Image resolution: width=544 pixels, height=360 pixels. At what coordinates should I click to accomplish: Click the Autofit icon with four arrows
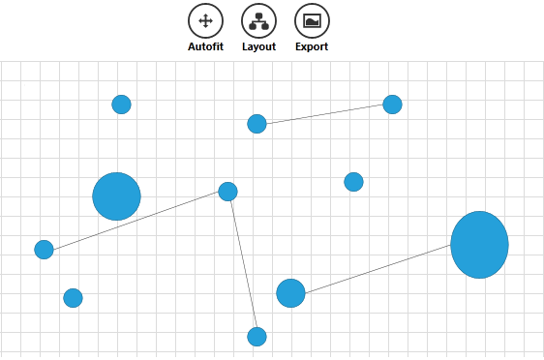click(205, 20)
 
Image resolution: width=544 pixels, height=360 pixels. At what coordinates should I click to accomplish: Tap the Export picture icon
click(312, 20)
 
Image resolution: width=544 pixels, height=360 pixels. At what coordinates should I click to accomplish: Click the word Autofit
click(205, 46)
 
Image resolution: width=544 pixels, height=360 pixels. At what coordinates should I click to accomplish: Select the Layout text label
click(258, 46)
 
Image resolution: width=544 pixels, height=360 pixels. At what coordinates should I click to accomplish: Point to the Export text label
click(312, 46)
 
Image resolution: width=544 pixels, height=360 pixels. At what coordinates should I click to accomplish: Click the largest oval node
click(479, 245)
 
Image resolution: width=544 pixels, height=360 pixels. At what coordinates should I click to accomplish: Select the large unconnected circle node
click(116, 196)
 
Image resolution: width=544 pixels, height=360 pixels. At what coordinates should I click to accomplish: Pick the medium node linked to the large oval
click(290, 293)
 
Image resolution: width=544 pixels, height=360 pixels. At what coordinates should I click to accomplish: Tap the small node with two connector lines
click(227, 192)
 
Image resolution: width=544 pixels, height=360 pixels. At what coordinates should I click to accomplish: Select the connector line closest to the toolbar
click(324, 114)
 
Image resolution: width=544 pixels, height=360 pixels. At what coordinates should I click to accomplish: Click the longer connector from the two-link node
click(136, 221)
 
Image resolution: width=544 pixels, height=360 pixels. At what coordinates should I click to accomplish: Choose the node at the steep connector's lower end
click(257, 337)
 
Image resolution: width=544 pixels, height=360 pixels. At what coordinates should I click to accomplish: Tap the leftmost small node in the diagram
click(44, 250)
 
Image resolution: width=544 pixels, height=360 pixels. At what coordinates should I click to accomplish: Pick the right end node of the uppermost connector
click(392, 105)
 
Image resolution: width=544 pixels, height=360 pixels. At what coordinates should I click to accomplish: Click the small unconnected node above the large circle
click(121, 105)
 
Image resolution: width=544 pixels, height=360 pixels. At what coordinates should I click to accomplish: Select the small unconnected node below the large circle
click(73, 298)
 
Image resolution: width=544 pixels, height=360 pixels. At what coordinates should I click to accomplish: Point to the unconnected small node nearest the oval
click(353, 182)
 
